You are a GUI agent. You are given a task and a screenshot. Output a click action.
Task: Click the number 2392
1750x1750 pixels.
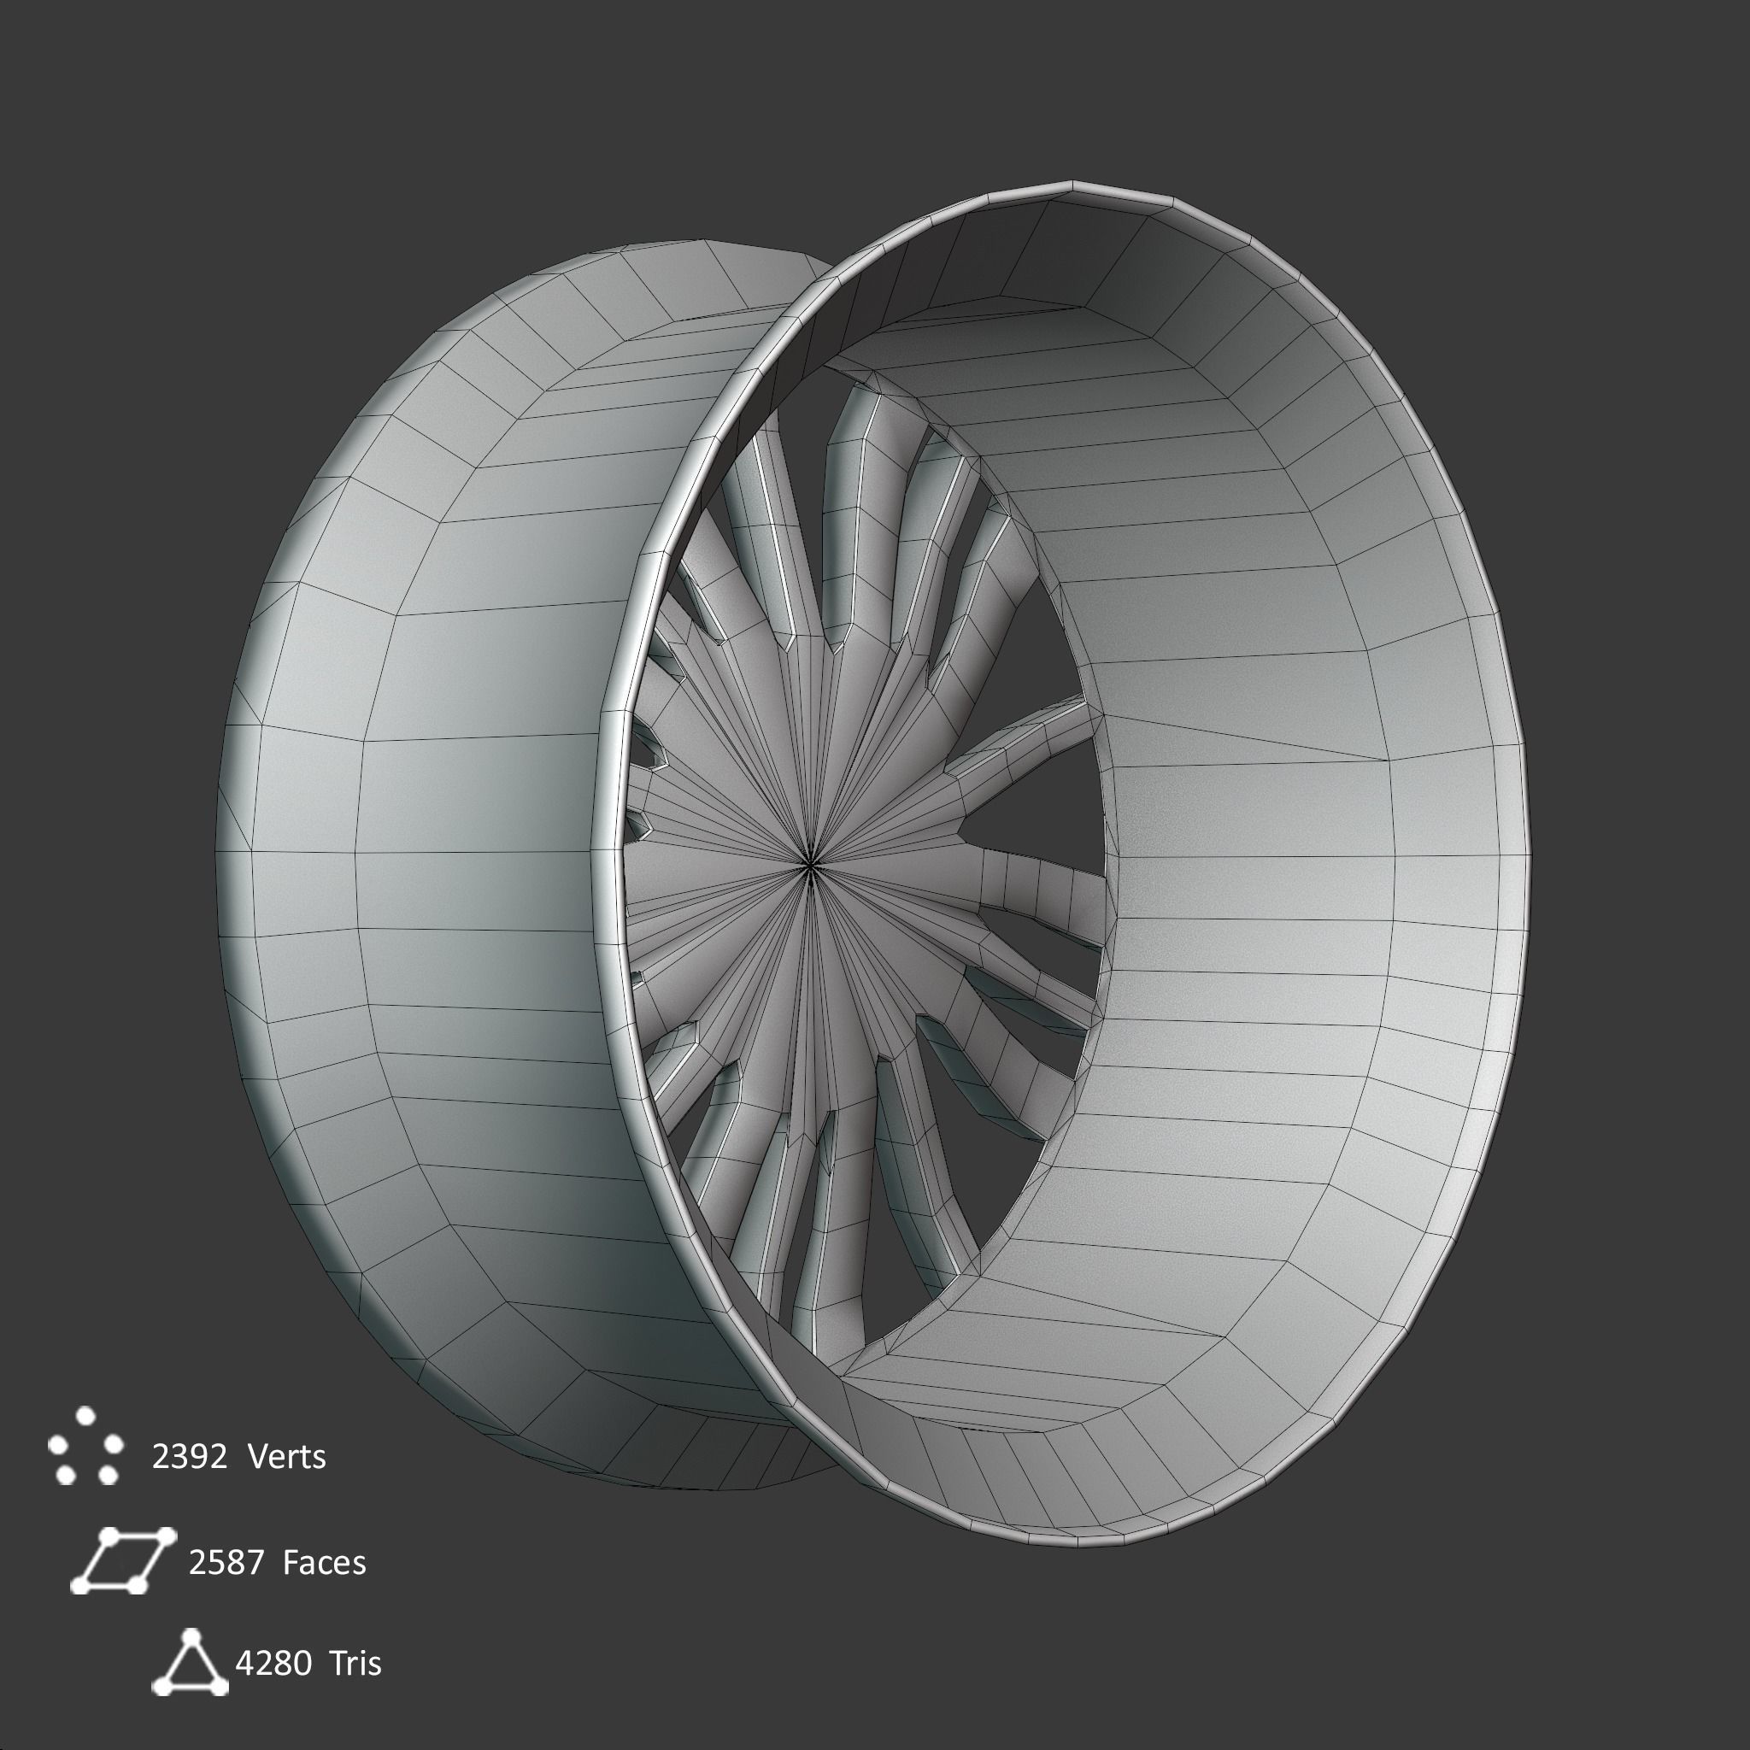190,1458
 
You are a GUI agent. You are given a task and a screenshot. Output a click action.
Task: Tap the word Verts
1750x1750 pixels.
286,1458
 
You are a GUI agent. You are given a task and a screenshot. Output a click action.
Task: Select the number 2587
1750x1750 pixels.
226,1563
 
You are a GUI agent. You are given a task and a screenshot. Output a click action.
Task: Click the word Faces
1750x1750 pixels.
324,1563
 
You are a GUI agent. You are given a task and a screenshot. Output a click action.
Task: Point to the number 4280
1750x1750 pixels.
273,1663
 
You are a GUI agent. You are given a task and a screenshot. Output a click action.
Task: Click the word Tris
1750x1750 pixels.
355,1663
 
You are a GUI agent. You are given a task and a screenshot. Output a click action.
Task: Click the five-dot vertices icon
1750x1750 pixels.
86,1447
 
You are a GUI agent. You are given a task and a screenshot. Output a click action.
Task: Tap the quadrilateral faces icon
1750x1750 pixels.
121,1559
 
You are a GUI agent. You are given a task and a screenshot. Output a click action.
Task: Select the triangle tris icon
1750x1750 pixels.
190,1663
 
